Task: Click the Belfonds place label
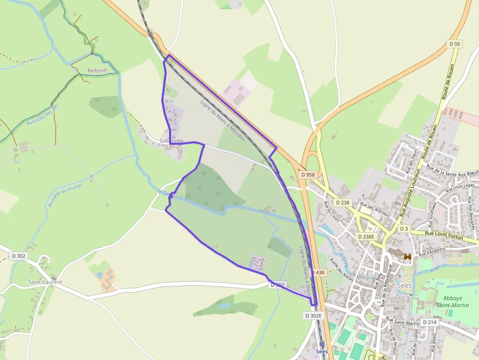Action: point(97,70)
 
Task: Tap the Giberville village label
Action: point(172,141)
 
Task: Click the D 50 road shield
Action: point(455,44)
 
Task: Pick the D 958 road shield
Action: point(308,174)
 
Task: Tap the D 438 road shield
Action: point(317,273)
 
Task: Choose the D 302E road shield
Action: point(313,316)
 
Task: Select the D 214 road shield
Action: point(429,322)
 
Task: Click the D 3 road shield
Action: point(404,229)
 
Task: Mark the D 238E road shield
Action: point(366,236)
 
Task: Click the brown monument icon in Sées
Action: point(407,256)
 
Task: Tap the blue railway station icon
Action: point(322,344)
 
